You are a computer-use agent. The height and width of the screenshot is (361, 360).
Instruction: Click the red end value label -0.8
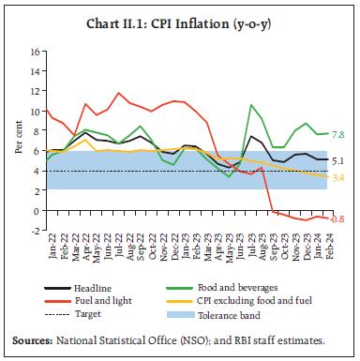point(339,218)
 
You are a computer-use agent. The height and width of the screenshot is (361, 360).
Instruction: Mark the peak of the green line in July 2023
point(251,104)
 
